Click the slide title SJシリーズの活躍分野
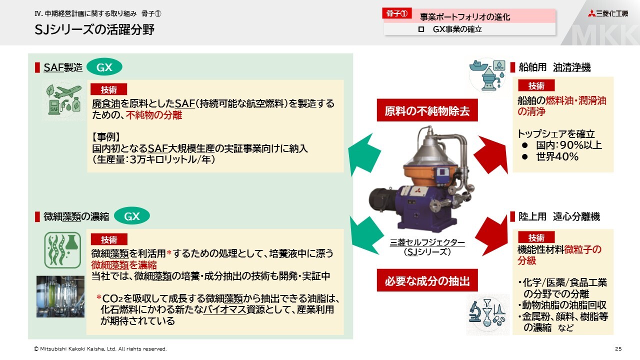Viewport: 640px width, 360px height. (x=94, y=29)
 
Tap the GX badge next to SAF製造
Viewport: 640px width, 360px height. (x=104, y=67)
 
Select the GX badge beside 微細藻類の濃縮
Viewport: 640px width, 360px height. (x=131, y=216)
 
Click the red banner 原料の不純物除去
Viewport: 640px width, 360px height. (x=427, y=110)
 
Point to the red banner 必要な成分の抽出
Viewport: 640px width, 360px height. (x=427, y=280)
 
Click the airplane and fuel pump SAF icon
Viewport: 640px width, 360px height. (x=64, y=99)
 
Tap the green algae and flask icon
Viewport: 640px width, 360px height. (x=62, y=250)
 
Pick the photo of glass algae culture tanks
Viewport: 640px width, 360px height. (x=60, y=296)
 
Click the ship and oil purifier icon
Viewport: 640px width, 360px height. (x=487, y=75)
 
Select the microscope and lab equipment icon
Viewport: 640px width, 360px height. (x=487, y=314)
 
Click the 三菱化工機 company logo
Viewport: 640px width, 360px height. (x=607, y=13)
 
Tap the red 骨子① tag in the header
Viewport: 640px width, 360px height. (x=397, y=13)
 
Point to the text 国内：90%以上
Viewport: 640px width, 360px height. (x=569, y=145)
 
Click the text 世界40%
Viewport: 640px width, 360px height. (x=557, y=156)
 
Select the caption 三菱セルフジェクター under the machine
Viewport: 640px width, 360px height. (x=427, y=242)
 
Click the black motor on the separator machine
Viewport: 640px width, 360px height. (x=382, y=202)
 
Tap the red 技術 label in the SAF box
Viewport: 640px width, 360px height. (x=108, y=89)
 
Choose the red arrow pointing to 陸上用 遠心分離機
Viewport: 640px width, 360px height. (x=492, y=235)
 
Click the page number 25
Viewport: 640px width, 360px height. (x=618, y=349)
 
